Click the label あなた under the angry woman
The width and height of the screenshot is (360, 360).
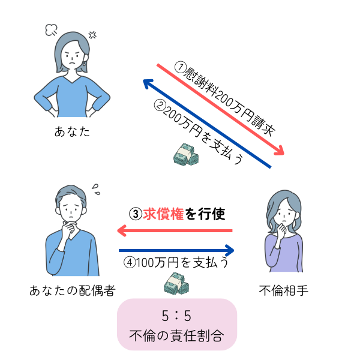click(x=72, y=131)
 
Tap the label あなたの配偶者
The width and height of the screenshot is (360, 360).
click(x=73, y=290)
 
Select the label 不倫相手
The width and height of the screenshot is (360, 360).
click(x=283, y=290)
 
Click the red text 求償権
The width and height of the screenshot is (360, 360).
click(x=163, y=214)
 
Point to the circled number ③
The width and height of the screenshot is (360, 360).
click(x=136, y=214)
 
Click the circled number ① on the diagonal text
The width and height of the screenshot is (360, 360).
click(x=181, y=67)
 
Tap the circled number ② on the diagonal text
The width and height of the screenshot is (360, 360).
click(x=160, y=105)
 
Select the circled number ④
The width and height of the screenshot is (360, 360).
click(x=130, y=262)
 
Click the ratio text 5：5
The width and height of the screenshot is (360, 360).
click(x=176, y=316)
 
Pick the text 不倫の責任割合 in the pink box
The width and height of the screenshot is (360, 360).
click(x=176, y=335)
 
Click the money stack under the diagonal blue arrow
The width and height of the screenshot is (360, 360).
click(x=186, y=154)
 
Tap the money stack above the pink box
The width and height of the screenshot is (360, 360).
click(x=176, y=283)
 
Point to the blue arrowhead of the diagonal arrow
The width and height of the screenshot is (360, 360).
click(x=148, y=83)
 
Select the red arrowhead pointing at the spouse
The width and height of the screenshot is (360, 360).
click(x=122, y=230)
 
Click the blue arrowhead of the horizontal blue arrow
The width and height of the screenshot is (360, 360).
click(x=230, y=250)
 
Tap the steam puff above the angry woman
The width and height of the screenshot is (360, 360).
click(x=52, y=30)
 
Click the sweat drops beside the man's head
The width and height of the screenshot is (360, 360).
click(x=96, y=190)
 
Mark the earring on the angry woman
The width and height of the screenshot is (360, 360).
click(x=84, y=64)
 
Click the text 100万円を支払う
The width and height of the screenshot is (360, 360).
click(x=183, y=262)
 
